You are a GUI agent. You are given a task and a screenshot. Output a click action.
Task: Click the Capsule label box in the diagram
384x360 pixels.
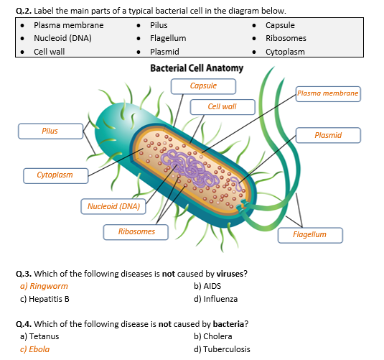pos(203,86)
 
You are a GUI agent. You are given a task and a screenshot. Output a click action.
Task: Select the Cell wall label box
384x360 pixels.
pos(223,107)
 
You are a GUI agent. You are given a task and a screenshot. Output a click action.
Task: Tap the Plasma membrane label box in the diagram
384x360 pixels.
pos(328,94)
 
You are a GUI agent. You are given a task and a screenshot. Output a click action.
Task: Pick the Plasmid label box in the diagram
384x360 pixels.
pos(328,135)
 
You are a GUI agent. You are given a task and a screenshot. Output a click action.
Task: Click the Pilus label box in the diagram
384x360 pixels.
pos(51,131)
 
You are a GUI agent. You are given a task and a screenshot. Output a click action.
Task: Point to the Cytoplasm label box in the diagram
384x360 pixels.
pos(55,176)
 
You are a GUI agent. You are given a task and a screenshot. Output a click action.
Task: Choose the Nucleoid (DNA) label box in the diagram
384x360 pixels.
pos(113,206)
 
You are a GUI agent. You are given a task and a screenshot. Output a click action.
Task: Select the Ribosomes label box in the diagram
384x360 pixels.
pos(136,232)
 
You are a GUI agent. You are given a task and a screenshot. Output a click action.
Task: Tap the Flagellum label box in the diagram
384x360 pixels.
pos(310,236)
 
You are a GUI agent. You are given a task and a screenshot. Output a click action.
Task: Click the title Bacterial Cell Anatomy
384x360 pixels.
pos(197,68)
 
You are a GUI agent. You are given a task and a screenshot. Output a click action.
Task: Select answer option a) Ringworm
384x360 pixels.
pos(44,286)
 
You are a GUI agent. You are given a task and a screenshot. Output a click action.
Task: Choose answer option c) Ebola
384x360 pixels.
pos(34,349)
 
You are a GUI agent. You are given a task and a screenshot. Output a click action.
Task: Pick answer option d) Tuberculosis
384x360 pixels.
pos(222,349)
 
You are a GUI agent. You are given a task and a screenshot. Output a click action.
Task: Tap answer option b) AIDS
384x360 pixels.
pos(207,286)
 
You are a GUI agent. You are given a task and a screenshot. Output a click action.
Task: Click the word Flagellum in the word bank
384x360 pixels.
pos(168,39)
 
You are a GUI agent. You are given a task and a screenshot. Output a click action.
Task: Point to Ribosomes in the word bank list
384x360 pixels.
pos(286,39)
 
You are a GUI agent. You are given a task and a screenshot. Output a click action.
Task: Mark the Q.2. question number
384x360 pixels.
pos(24,11)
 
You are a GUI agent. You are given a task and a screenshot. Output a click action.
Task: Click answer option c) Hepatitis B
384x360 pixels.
pos(45,299)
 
